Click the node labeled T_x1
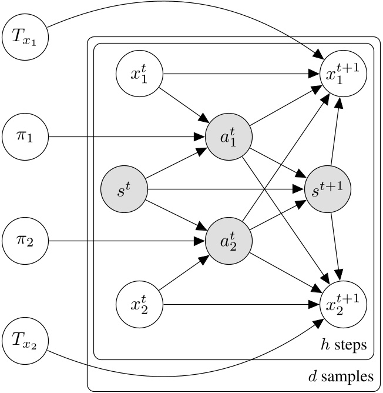click(x=25, y=35)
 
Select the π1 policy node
click(x=25, y=137)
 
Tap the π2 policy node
click(x=25, y=240)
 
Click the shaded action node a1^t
click(x=229, y=138)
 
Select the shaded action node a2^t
click(x=229, y=241)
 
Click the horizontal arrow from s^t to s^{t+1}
click(x=223, y=189)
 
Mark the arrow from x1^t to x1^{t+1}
click(x=235, y=74)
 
